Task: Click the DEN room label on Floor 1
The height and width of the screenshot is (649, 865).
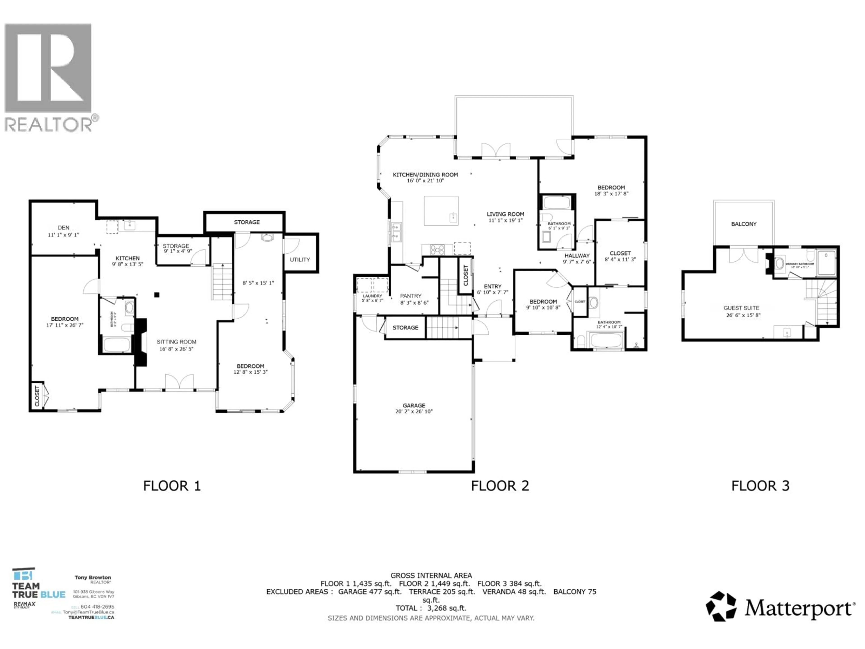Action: (x=63, y=228)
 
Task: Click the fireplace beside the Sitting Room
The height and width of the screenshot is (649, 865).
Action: (x=141, y=342)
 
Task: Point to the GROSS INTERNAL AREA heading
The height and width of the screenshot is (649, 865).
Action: (x=431, y=576)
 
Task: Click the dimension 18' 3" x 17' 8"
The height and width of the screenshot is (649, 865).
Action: (x=611, y=194)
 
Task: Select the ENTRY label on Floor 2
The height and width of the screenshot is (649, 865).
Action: (x=492, y=287)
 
